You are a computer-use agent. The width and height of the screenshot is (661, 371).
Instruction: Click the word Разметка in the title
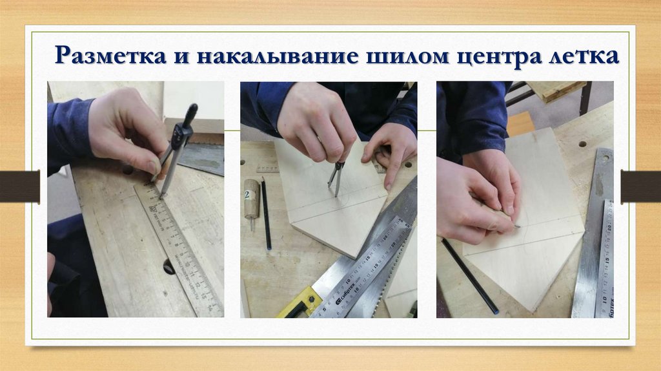tap(111, 56)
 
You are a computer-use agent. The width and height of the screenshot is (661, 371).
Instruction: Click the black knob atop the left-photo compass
tap(190, 114)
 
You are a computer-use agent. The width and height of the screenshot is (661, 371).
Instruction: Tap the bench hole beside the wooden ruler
tap(169, 267)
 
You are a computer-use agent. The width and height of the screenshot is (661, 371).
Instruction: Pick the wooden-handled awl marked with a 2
tap(252, 202)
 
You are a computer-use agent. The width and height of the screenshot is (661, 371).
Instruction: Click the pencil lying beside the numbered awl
tap(266, 213)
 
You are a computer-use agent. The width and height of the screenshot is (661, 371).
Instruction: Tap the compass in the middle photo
tap(336, 179)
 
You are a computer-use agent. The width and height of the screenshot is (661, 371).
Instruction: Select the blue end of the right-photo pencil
tap(496, 312)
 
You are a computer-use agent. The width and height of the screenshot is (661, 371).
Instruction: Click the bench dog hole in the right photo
tap(583, 144)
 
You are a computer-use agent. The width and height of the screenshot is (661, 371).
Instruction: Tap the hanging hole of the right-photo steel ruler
tap(605, 159)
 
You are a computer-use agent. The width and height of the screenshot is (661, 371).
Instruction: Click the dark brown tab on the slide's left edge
tap(20, 186)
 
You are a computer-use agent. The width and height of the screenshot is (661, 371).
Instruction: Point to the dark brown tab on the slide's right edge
tap(641, 186)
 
